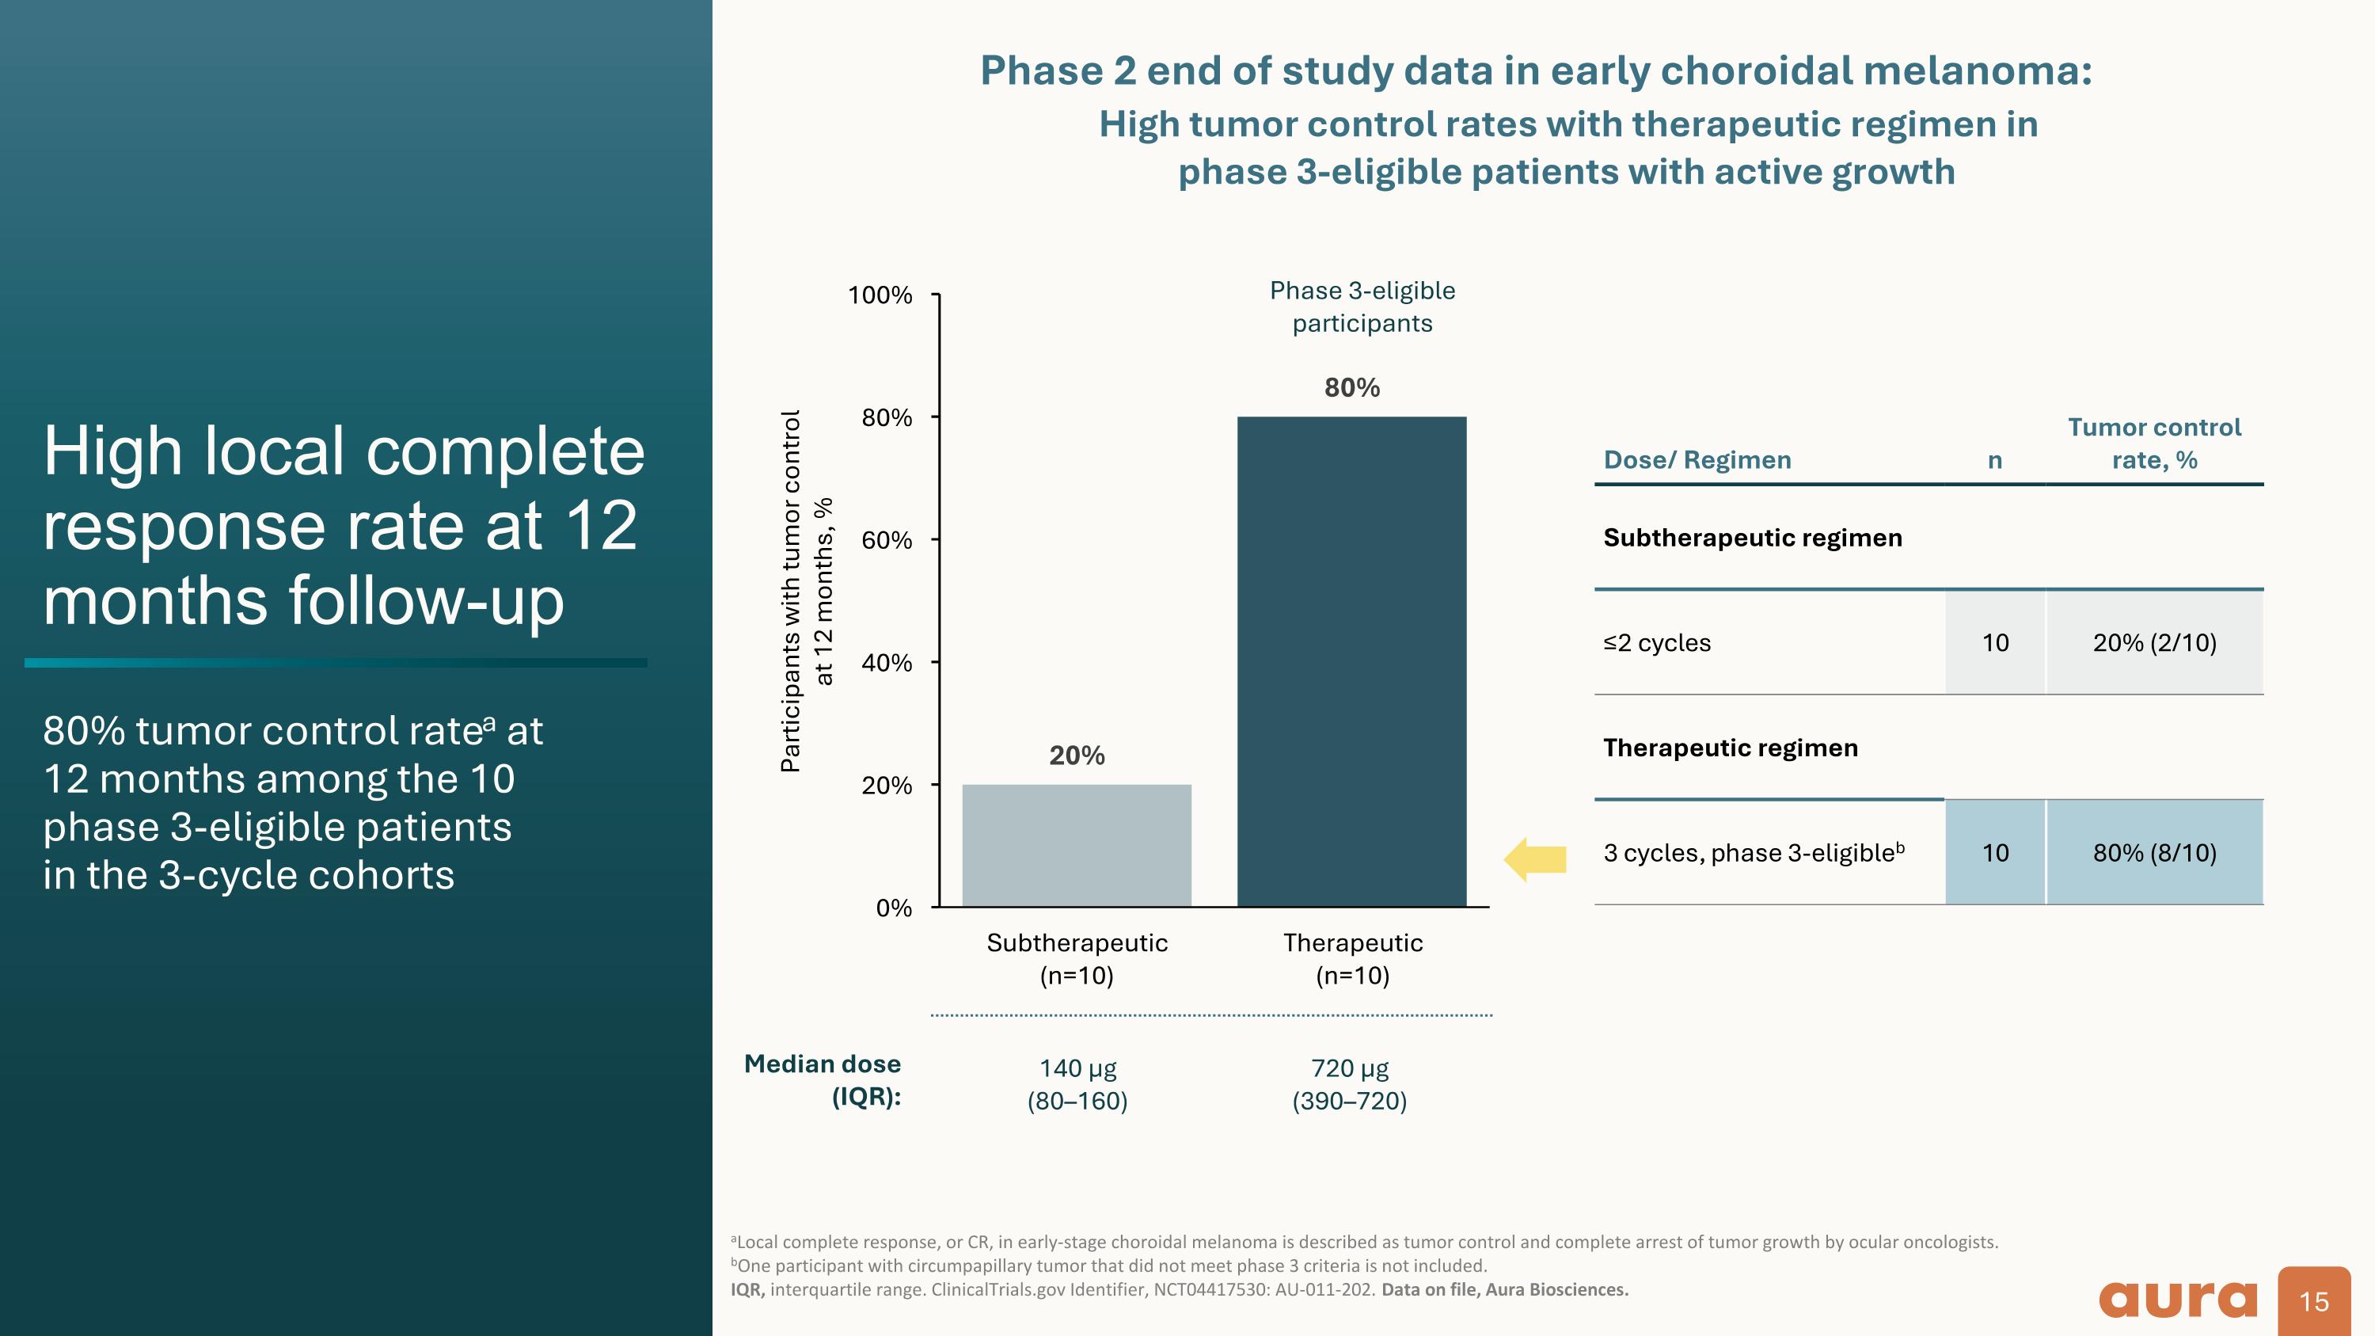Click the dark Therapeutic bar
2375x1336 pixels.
coord(1351,661)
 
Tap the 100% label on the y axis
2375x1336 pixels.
coord(880,295)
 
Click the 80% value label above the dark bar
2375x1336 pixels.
coord(1351,387)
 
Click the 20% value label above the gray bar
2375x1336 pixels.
coord(1077,756)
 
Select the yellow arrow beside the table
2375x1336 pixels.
coord(1535,859)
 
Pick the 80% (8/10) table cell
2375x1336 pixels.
coord(2153,852)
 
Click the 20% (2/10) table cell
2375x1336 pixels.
coord(2153,642)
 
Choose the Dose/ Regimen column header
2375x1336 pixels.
coord(1697,459)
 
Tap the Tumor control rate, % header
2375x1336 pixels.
coord(2153,443)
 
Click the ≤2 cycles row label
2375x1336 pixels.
coord(1657,642)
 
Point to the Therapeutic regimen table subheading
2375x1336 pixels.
coord(1731,747)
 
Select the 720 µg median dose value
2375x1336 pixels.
coord(1350,1068)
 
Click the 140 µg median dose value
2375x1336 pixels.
coord(1077,1068)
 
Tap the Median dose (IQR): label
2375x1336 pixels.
coord(823,1079)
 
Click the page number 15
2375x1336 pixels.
coord(2313,1301)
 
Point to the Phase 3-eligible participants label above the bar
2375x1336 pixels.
coord(1362,306)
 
